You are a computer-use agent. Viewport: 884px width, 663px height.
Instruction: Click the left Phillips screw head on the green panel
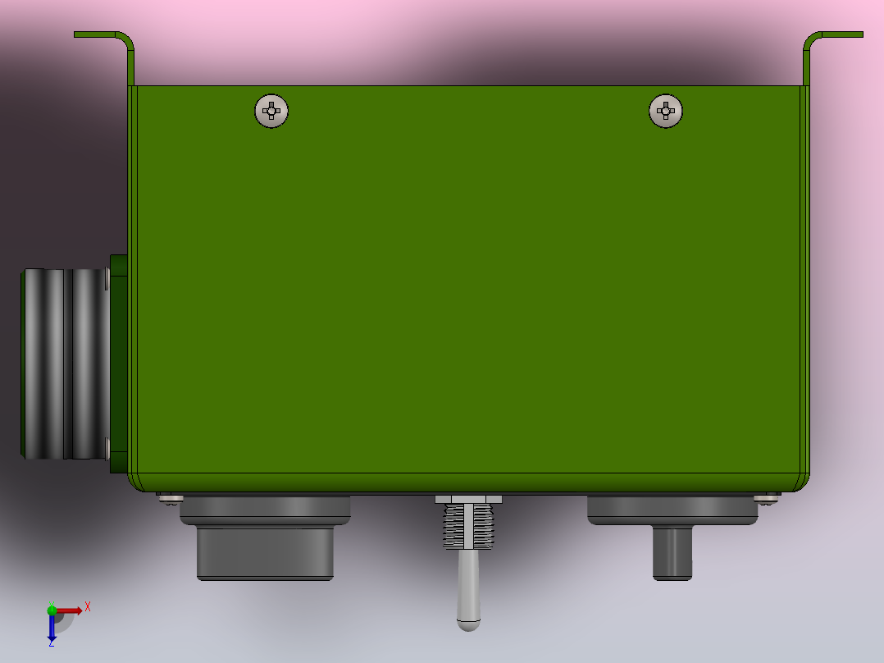point(271,111)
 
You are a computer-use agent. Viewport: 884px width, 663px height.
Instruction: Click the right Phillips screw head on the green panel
point(666,111)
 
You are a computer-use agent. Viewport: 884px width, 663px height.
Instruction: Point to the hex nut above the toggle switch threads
point(468,500)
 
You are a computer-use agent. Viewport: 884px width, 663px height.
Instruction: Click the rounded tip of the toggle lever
point(468,625)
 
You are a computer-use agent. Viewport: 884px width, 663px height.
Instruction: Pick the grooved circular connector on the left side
point(66,364)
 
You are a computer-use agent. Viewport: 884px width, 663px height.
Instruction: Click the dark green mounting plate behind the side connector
point(119,364)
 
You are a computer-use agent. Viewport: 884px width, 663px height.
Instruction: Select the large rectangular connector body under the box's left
point(265,552)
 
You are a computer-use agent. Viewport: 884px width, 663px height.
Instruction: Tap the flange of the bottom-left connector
point(265,510)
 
